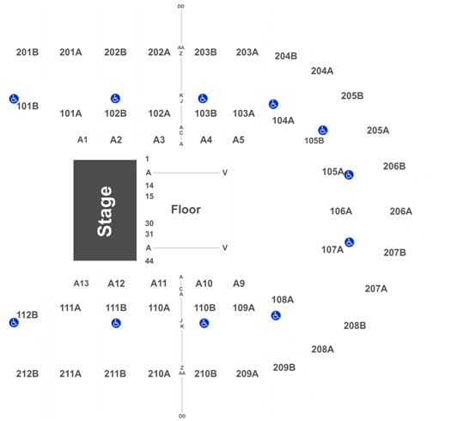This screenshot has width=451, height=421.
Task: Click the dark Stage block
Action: click(x=105, y=210)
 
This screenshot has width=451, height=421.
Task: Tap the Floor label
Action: click(x=186, y=210)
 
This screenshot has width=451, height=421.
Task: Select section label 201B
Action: click(x=27, y=52)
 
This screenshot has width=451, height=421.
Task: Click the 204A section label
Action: click(x=322, y=70)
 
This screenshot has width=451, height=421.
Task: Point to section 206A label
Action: click(x=401, y=211)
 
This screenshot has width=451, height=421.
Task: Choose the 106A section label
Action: click(x=341, y=211)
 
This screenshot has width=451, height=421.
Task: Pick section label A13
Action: click(x=81, y=284)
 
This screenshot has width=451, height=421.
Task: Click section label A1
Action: click(x=82, y=139)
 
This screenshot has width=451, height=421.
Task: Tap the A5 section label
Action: click(x=239, y=140)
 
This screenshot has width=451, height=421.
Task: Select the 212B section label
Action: click(x=27, y=374)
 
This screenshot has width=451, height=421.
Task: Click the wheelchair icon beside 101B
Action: click(x=14, y=99)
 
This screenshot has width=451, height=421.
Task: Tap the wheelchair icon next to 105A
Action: click(x=349, y=174)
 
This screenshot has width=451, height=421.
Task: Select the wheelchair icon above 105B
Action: click(x=323, y=130)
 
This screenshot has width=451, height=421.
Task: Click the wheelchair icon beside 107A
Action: click(x=349, y=242)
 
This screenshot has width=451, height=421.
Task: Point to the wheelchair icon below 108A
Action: click(x=276, y=315)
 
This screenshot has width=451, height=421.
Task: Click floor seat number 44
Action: click(x=149, y=261)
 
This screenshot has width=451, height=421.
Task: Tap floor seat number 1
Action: click(x=147, y=159)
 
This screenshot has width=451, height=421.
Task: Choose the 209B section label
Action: click(x=284, y=367)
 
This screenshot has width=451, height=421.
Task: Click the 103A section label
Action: click(x=244, y=113)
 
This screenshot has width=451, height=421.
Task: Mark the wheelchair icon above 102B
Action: click(x=115, y=99)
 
